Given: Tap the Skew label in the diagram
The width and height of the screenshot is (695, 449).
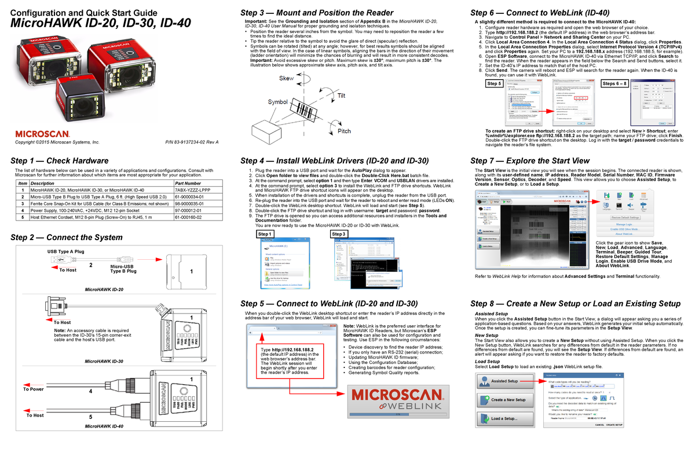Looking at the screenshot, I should pyautogui.click(x=286, y=79).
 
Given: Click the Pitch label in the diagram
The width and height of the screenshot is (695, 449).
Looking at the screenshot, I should pyautogui.click(x=344, y=131).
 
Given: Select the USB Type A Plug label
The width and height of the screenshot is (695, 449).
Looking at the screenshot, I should pyautogui.click(x=65, y=252).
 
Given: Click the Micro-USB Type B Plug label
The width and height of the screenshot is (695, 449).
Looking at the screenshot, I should pyautogui.click(x=123, y=268).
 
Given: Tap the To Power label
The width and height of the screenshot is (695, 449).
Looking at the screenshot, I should pyautogui.click(x=33, y=389).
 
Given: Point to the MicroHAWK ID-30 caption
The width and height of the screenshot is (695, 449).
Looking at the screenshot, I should pyautogui.click(x=104, y=361).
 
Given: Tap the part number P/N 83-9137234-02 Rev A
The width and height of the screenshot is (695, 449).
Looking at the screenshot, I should pyautogui.click(x=192, y=142).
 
